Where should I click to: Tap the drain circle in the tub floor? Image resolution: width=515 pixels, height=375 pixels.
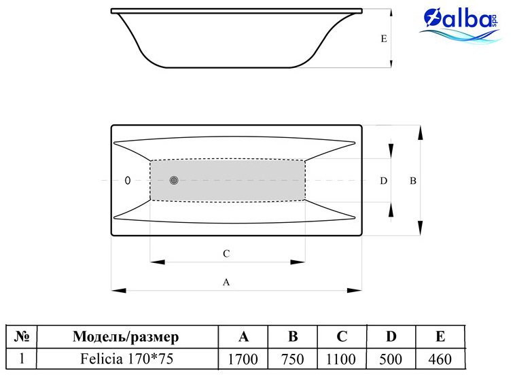[174, 180]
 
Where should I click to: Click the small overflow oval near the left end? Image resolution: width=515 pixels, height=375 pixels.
[128, 180]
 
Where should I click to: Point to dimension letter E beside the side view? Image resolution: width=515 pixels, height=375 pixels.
[384, 39]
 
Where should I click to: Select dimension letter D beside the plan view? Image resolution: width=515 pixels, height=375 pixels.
[384, 181]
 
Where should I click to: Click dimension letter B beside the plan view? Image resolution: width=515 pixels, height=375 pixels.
[413, 181]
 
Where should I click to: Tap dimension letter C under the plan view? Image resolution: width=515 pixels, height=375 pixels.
[226, 253]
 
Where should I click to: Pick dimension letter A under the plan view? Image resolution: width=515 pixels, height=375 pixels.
[226, 282]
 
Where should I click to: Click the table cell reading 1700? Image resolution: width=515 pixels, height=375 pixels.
[243, 359]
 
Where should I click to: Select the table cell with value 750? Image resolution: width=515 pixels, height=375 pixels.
[292, 359]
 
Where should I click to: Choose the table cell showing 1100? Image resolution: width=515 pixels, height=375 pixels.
[342, 359]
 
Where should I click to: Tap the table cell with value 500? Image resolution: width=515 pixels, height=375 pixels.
[391, 359]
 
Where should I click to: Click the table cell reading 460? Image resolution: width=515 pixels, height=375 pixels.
[440, 359]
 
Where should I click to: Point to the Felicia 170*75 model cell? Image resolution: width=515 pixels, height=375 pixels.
[127, 359]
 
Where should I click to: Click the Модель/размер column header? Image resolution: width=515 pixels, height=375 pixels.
[127, 336]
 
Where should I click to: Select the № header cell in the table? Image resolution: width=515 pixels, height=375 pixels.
[21, 336]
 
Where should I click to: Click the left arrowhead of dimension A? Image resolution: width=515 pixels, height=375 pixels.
[118, 291]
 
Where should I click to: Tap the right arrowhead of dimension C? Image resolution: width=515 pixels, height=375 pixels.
[298, 262]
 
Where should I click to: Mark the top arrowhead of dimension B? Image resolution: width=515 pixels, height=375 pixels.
[420, 133]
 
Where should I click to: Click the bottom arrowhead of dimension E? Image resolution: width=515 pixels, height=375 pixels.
[391, 64]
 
